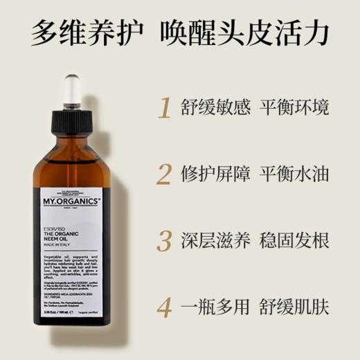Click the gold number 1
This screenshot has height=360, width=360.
164,109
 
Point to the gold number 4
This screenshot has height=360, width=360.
164,307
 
